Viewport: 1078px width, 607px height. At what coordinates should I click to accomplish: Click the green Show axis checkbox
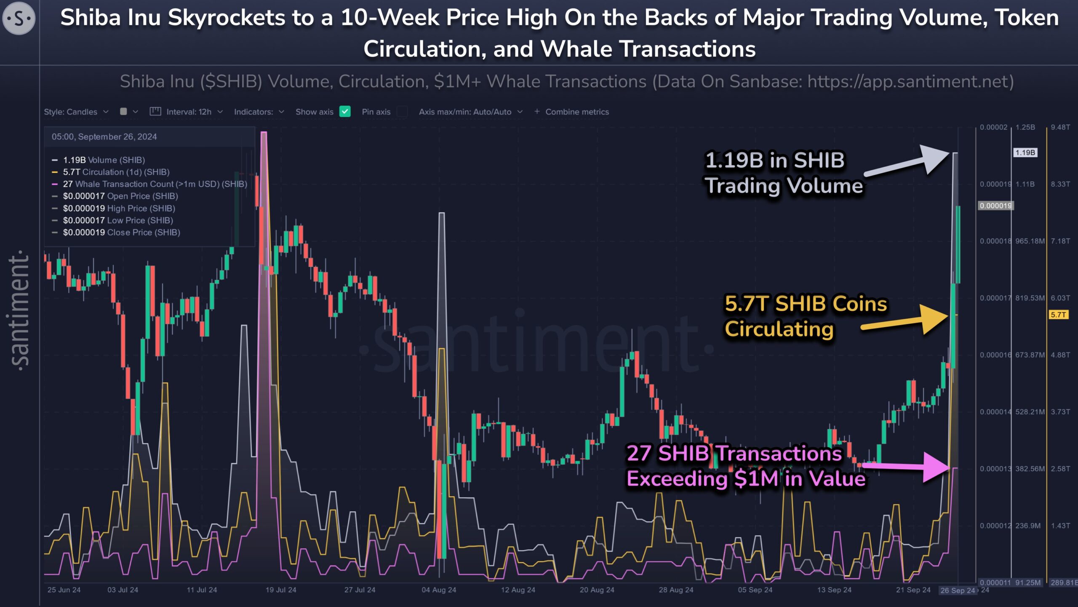click(x=345, y=112)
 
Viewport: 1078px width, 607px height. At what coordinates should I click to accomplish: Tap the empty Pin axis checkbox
click(x=402, y=112)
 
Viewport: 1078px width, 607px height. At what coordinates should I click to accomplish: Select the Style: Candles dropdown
click(x=76, y=112)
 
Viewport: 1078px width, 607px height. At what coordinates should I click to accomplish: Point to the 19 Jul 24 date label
click(x=281, y=590)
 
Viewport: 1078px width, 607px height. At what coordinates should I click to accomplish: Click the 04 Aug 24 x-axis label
click(x=439, y=590)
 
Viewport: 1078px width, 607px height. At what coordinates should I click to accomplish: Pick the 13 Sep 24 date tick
click(x=834, y=590)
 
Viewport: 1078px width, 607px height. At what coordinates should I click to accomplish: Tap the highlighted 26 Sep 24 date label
click(x=958, y=590)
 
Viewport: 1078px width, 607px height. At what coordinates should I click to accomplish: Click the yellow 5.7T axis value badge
click(x=1058, y=314)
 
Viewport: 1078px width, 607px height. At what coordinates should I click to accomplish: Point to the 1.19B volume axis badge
click(x=1025, y=153)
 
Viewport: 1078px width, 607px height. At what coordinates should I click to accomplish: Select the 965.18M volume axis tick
click(x=1030, y=241)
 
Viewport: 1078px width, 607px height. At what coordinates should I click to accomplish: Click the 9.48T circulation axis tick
click(x=1060, y=127)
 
